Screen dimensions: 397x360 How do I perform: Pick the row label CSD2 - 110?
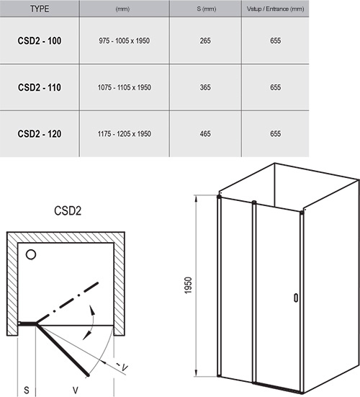click(39, 88)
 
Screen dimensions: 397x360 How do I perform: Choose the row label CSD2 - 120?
click(39, 133)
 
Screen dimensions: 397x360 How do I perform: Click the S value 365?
click(205, 88)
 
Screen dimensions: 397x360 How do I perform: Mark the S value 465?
click(205, 133)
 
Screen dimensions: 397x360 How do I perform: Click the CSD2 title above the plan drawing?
click(69, 213)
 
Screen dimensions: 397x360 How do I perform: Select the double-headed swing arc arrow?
click(92, 321)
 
